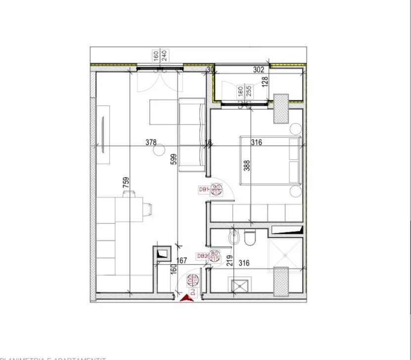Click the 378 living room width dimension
pyautogui.click(x=151, y=142)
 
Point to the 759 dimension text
pyautogui.click(x=126, y=183)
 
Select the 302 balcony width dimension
pyautogui.click(x=258, y=70)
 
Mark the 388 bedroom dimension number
pyautogui.click(x=247, y=165)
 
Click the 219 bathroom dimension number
pyautogui.click(x=230, y=260)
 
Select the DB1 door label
pyautogui.click(x=203, y=189)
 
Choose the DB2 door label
pyautogui.click(x=202, y=256)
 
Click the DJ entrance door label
pyautogui.click(x=193, y=291)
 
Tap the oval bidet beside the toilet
pyautogui.click(x=234, y=238)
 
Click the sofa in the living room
pyautogui.click(x=191, y=134)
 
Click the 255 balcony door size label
pyautogui.click(x=249, y=91)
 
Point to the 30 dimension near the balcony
pyautogui.click(x=210, y=70)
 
